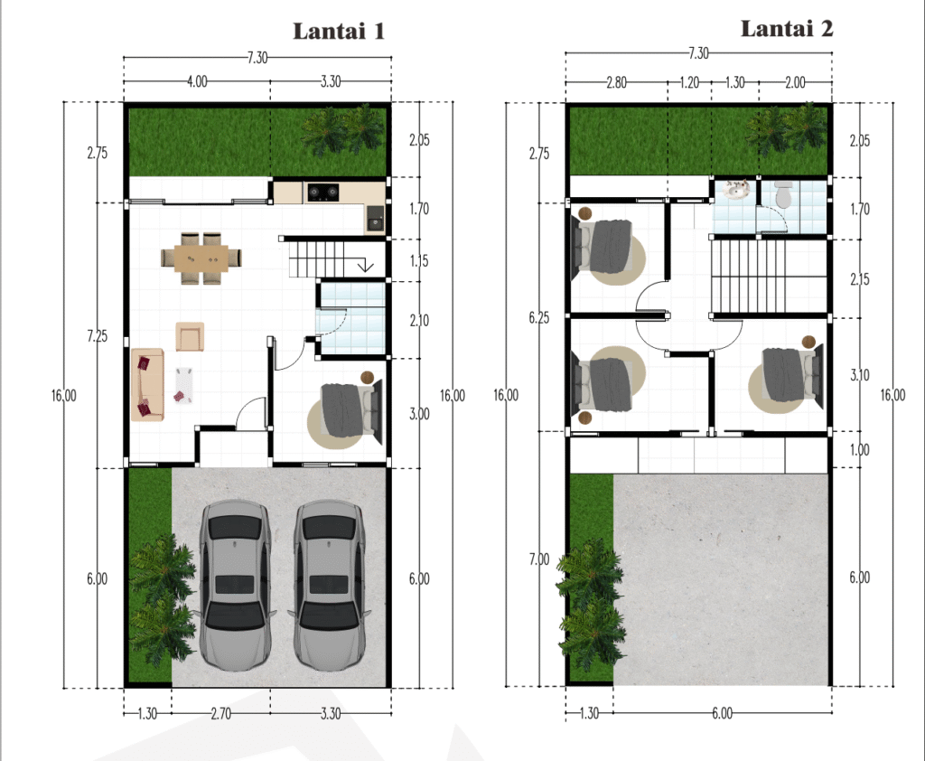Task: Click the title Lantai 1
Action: point(339,32)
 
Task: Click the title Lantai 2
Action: point(787,28)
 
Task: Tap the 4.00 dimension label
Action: point(197,81)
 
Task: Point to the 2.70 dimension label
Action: point(220,714)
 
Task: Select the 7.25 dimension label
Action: point(98,336)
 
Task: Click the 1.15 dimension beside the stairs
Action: point(419,261)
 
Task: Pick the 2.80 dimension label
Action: point(616,82)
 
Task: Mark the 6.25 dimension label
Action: point(538,318)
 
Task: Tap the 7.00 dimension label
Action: point(538,559)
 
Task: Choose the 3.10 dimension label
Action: point(860,375)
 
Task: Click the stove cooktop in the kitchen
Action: point(323,192)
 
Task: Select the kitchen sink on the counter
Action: point(375,219)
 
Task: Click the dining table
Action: point(201,258)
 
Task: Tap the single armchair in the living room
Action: point(190,336)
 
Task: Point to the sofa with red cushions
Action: point(147,384)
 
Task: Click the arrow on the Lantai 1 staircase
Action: point(366,265)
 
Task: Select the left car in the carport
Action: point(236,586)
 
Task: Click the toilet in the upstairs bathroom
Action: point(783,195)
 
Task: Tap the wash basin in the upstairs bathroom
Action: point(735,190)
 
